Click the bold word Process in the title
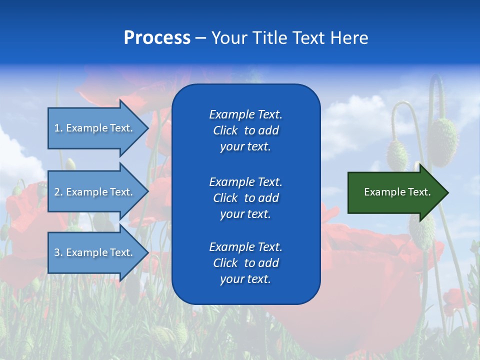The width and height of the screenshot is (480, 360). (x=157, y=38)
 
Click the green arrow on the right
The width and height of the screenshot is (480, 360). (x=395, y=192)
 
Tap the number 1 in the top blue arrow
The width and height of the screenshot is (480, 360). (x=57, y=128)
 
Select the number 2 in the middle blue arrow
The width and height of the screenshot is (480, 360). (x=57, y=192)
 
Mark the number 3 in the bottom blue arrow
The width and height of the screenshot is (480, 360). (x=57, y=252)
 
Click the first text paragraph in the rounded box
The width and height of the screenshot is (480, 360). (x=245, y=130)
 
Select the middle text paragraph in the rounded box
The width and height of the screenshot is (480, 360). (x=245, y=198)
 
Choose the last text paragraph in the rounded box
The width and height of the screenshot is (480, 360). (x=245, y=263)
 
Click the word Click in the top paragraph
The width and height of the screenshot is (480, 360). (x=225, y=130)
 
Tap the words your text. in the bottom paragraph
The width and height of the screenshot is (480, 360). (x=245, y=279)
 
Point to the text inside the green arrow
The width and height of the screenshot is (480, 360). (x=397, y=192)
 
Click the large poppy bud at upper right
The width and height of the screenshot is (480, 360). (x=442, y=135)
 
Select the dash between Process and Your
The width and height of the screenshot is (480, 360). (x=200, y=38)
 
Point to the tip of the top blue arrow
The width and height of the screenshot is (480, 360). (x=147, y=128)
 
